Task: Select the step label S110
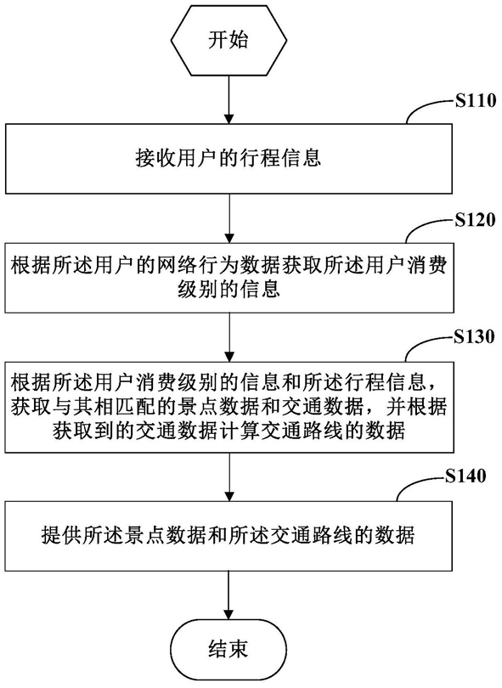click(475, 101)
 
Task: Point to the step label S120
click(475, 220)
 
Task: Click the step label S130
click(474, 337)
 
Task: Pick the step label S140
click(465, 476)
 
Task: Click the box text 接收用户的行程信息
click(228, 158)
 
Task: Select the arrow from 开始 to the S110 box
click(228, 99)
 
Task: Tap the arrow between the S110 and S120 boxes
click(228, 218)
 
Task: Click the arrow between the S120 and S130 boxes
click(228, 337)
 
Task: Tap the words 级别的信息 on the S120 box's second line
click(228, 289)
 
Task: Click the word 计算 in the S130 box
click(260, 431)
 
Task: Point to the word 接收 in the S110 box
click(155, 158)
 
